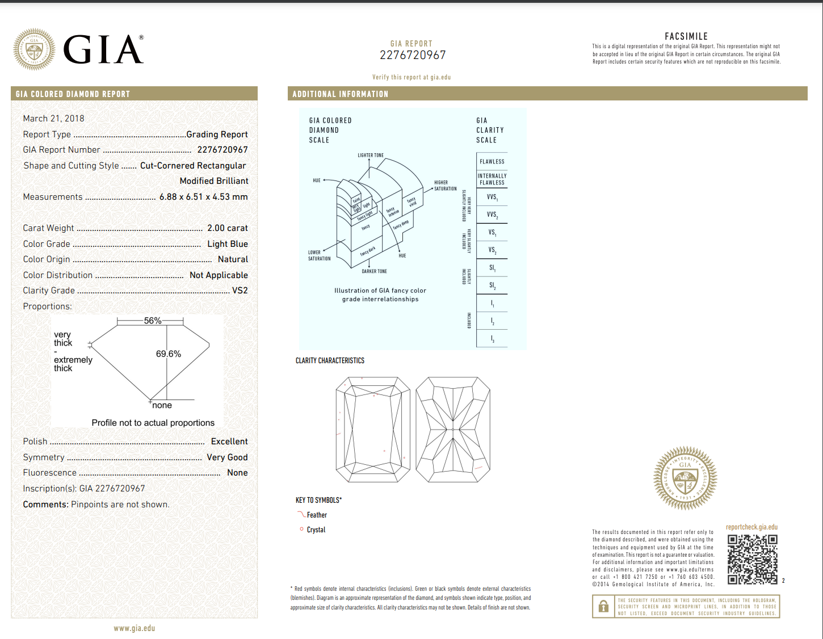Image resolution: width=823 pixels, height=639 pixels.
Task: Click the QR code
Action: (752, 559)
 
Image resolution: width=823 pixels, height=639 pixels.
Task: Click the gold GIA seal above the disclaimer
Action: (685, 478)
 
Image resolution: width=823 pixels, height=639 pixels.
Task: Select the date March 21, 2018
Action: (53, 119)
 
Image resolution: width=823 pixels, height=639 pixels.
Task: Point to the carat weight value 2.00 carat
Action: (227, 228)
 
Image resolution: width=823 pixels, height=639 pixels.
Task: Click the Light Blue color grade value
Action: (227, 244)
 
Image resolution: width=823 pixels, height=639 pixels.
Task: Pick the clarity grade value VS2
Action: (240, 291)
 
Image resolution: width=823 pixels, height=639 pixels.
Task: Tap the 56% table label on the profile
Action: (152, 321)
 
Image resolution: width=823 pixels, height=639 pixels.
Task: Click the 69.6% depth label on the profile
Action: (169, 354)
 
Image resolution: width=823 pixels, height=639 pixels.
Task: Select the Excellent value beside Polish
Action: (229, 442)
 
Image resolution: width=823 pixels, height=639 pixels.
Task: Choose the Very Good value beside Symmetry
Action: (227, 457)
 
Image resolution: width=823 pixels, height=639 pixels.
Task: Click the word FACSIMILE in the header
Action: (686, 36)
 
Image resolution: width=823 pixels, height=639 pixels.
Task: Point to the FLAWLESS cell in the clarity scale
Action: (492, 162)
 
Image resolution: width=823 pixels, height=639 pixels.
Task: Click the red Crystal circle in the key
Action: (301, 529)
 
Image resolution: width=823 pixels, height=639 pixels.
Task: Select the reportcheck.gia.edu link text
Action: (751, 527)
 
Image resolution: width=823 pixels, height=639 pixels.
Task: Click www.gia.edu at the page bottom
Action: (134, 628)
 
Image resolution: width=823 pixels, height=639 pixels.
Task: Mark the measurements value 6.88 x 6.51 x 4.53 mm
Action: (203, 197)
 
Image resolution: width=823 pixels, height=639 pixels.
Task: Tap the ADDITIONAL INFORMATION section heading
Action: (340, 94)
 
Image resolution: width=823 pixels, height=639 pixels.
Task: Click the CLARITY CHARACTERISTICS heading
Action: (330, 360)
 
